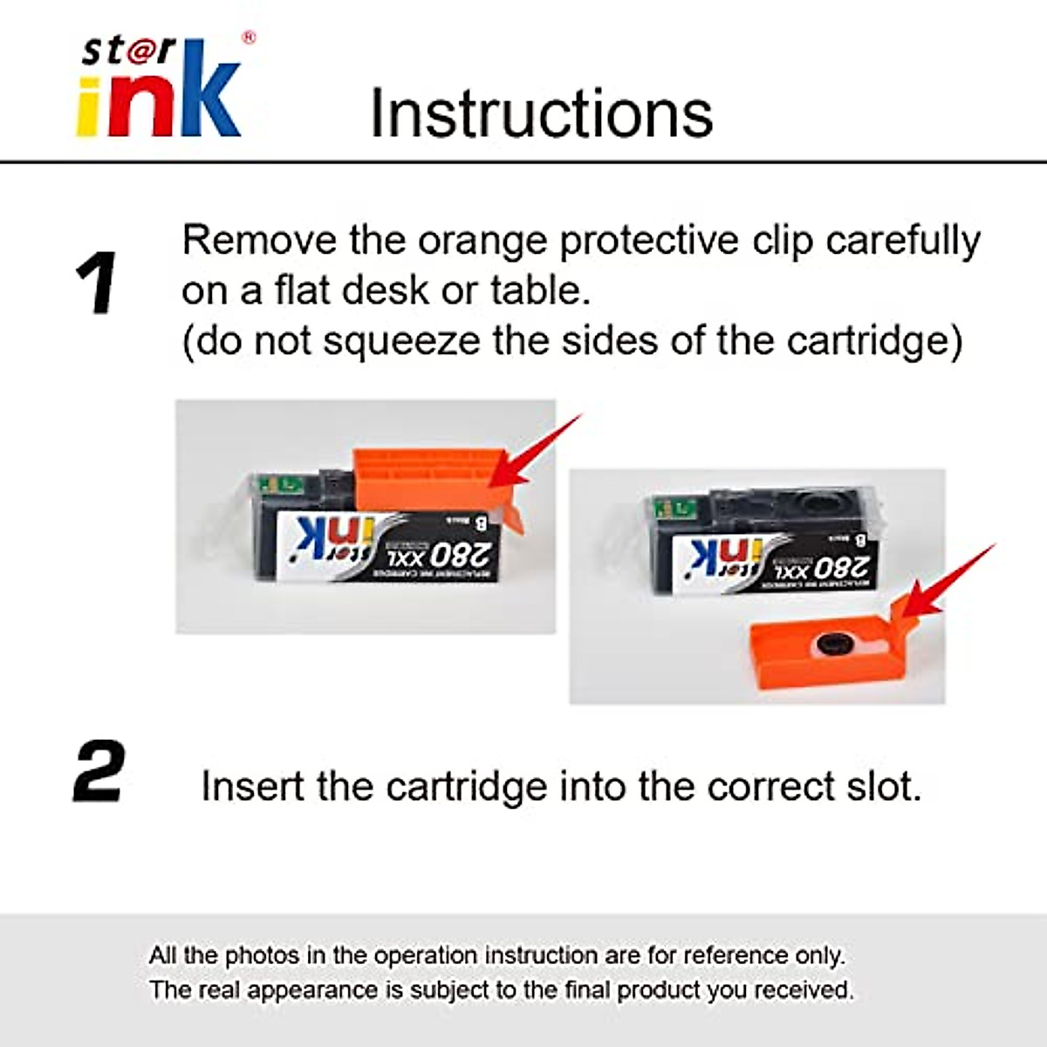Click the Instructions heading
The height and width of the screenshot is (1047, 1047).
541,113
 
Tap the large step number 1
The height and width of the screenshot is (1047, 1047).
96,283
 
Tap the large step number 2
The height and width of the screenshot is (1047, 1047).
98,771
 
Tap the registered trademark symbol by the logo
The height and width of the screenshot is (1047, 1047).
248,38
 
